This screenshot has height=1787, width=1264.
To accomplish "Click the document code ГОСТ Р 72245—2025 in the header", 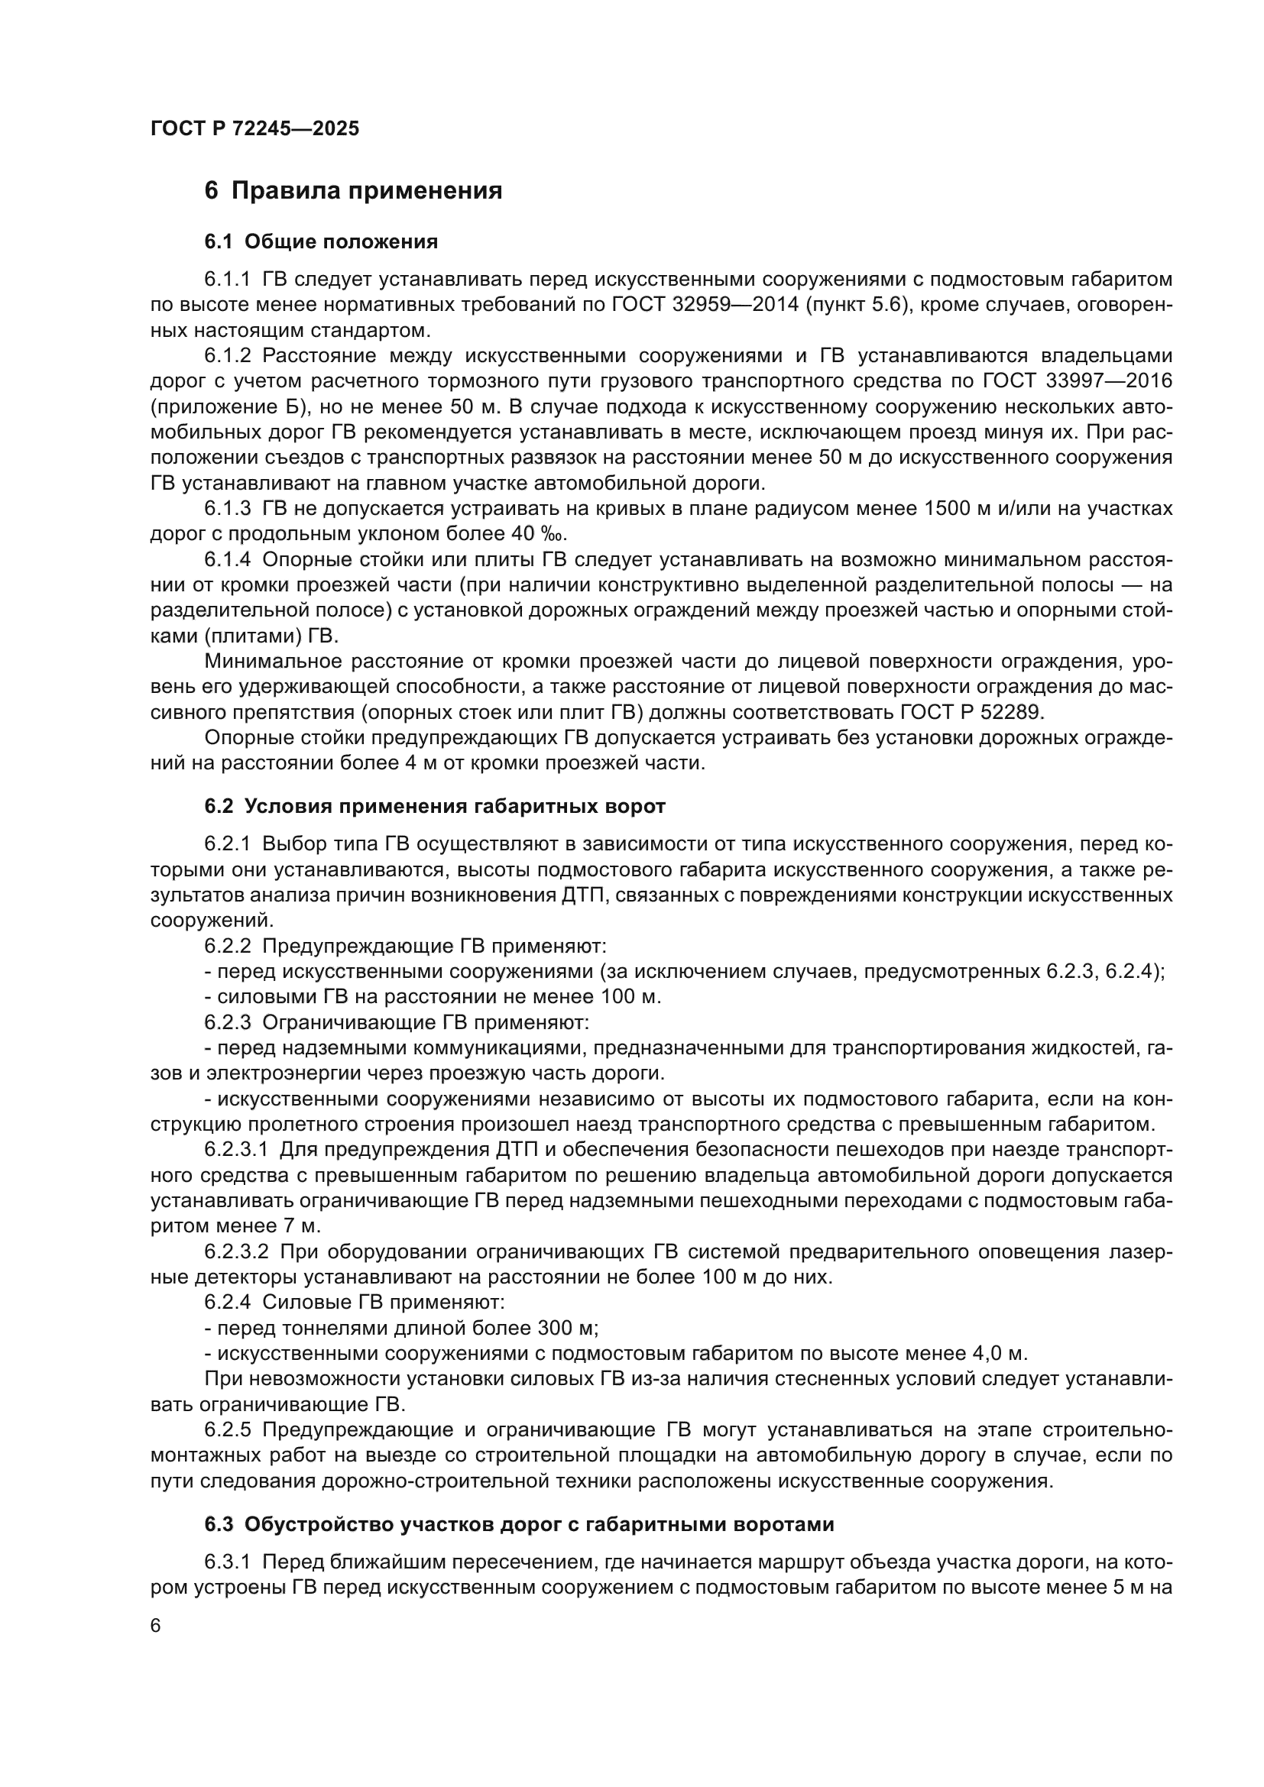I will [x=254, y=128].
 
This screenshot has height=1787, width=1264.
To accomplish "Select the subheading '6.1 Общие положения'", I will [x=321, y=242].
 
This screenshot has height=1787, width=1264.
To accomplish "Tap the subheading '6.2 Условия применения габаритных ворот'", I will [x=434, y=806].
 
